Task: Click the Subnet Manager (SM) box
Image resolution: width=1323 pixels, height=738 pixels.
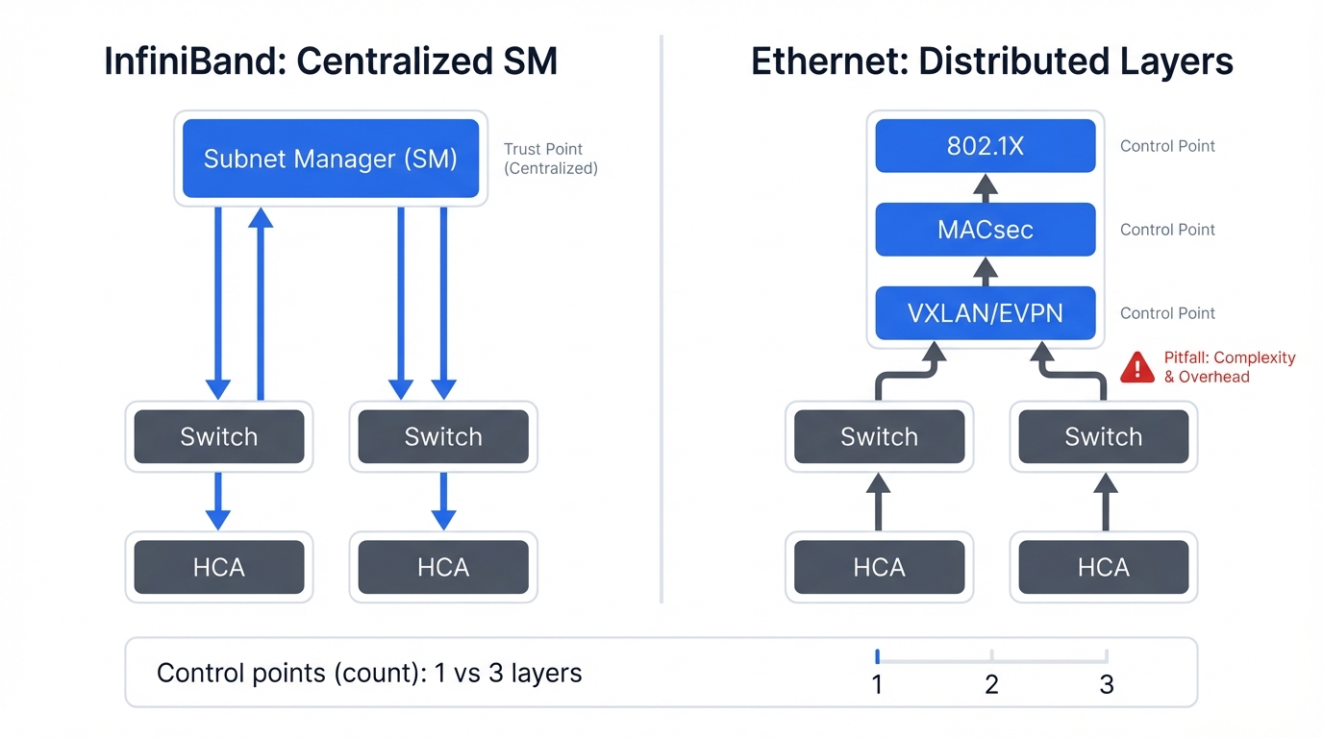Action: pyautogui.click(x=331, y=159)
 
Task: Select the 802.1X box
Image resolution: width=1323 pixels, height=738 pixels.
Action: pyautogui.click(x=985, y=146)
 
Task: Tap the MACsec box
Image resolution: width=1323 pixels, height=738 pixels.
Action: pyautogui.click(x=985, y=230)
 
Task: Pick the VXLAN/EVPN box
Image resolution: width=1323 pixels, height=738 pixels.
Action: pyautogui.click(x=985, y=313)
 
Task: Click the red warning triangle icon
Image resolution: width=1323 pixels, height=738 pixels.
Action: pyautogui.click(x=1137, y=367)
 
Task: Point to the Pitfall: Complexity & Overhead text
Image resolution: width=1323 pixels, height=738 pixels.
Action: pyautogui.click(x=1229, y=367)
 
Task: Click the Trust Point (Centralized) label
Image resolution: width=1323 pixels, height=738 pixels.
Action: pyautogui.click(x=550, y=159)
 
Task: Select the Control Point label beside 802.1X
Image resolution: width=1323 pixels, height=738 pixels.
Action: pyautogui.click(x=1167, y=146)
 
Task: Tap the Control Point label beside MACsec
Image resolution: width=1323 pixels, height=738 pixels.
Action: pyautogui.click(x=1167, y=230)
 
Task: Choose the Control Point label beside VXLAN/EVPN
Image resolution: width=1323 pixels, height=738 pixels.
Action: pyautogui.click(x=1167, y=313)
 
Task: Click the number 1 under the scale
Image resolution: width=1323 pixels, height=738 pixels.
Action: pyautogui.click(x=877, y=684)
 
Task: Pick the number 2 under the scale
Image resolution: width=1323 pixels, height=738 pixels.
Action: pyautogui.click(x=991, y=684)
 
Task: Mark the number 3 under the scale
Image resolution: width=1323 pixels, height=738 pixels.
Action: pyautogui.click(x=1107, y=684)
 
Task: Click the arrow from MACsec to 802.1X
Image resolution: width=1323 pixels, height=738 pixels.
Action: pyautogui.click(x=985, y=187)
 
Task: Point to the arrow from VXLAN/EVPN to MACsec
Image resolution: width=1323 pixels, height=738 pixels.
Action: pyautogui.click(x=985, y=271)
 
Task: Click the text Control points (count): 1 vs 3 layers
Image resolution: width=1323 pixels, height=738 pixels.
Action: pyautogui.click(x=369, y=673)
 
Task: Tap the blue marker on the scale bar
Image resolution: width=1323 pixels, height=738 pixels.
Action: pyautogui.click(x=878, y=656)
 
